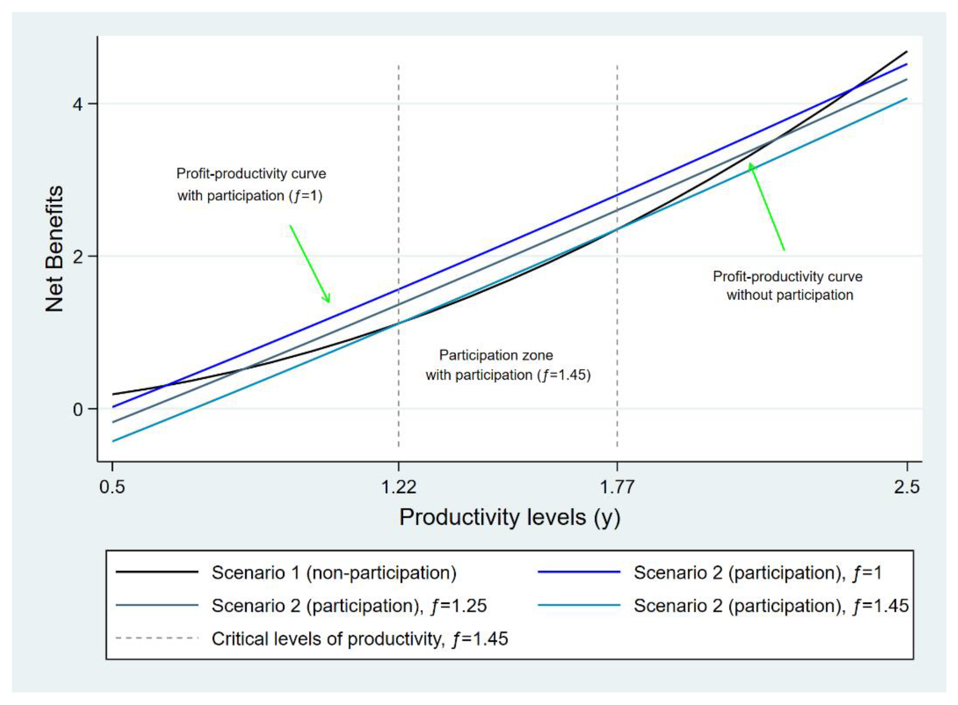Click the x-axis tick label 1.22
(x=398, y=487)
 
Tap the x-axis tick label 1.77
(x=617, y=487)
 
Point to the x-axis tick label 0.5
(x=112, y=487)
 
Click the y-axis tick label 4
(x=78, y=104)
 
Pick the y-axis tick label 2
(x=78, y=257)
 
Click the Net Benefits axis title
(x=55, y=249)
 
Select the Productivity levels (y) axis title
(x=510, y=518)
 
